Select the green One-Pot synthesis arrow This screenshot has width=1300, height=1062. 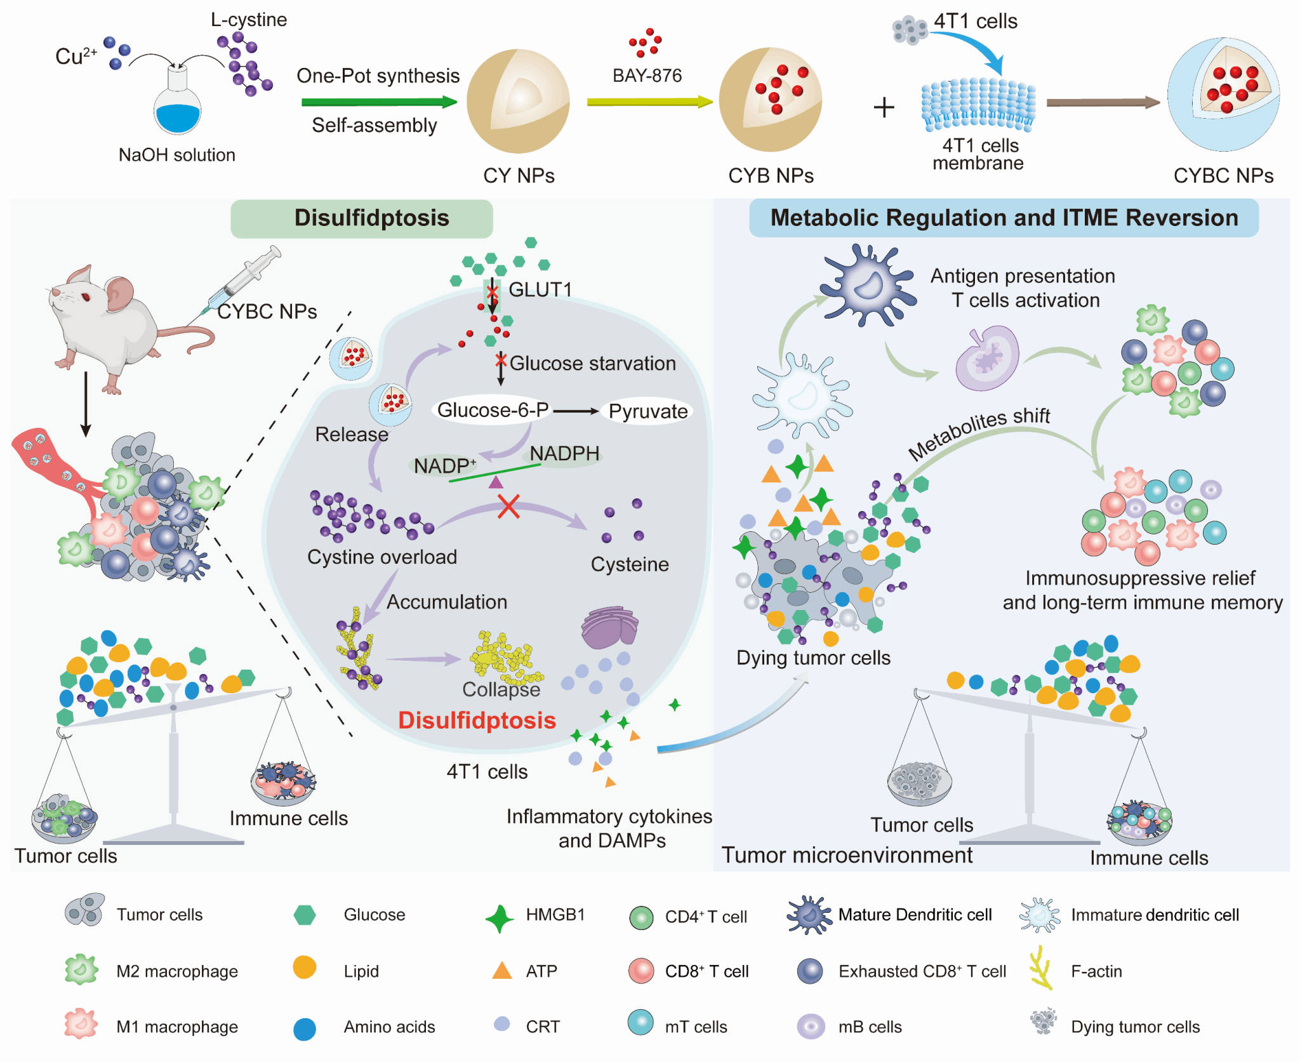pyautogui.click(x=378, y=102)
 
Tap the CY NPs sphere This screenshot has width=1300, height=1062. pyautogui.click(x=518, y=102)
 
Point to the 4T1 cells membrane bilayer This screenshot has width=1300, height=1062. pyautogui.click(x=978, y=105)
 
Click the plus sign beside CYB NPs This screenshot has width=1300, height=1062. pyautogui.click(x=884, y=107)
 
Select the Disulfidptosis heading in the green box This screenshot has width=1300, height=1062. pyautogui.click(x=371, y=218)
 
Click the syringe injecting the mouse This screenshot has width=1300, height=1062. pyautogui.click(x=244, y=279)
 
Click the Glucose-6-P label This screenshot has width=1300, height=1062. pyautogui.click(x=493, y=410)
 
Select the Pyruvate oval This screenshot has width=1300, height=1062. pyautogui.click(x=647, y=411)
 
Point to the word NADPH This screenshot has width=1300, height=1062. pyautogui.click(x=564, y=454)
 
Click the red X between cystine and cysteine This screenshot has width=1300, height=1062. pyautogui.click(x=508, y=507)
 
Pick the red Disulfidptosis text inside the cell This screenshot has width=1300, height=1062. pyautogui.click(x=477, y=720)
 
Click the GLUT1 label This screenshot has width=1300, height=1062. pyautogui.click(x=540, y=290)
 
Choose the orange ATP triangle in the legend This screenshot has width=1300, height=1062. pyautogui.click(x=502, y=971)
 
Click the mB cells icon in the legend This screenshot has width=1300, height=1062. pyautogui.click(x=811, y=1026)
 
